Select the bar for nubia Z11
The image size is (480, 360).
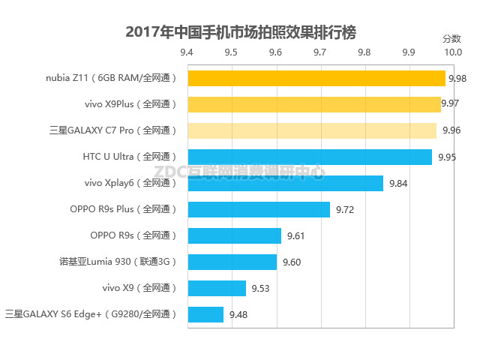pyautogui.click(x=316, y=78)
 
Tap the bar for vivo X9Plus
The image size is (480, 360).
pyautogui.click(x=313, y=104)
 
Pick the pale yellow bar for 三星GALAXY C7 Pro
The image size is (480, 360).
pyautogui.click(x=311, y=130)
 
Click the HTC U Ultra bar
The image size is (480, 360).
pyautogui.click(x=309, y=157)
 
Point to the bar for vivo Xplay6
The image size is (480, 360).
pyautogui.click(x=285, y=183)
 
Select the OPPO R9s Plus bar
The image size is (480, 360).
pyautogui.click(x=258, y=209)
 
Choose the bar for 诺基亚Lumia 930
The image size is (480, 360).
pyautogui.click(x=232, y=262)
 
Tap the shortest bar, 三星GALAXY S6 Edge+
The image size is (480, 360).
pyautogui.click(x=205, y=314)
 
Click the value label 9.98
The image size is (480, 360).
pyautogui.click(x=457, y=79)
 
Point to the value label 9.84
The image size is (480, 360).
pyautogui.click(x=397, y=184)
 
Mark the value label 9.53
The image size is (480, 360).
pyautogui.click(x=260, y=289)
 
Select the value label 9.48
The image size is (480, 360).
pyautogui.click(x=238, y=315)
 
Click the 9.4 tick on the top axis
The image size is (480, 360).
pyautogui.click(x=187, y=52)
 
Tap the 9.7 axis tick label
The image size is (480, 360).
pyautogui.click(x=320, y=52)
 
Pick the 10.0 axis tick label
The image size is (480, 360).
pyautogui.click(x=452, y=52)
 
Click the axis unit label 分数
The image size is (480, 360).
pyautogui.click(x=451, y=38)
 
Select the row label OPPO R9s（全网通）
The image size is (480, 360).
pyautogui.click(x=133, y=235)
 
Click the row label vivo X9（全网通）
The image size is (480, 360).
pyautogui.click(x=139, y=288)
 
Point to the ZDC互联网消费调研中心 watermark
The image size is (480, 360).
pyautogui.click(x=240, y=172)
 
